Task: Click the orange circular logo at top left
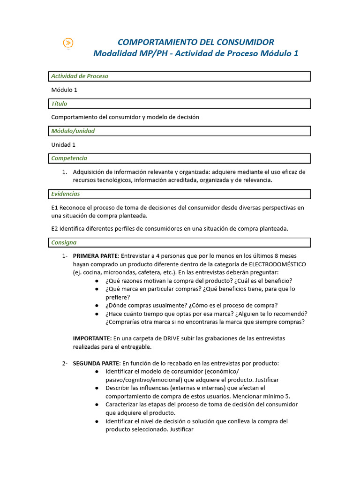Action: coord(68,43)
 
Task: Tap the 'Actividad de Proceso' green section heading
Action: coord(80,76)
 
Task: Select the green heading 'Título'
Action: coord(59,104)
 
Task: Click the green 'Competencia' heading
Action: coord(69,158)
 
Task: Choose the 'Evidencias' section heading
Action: coord(66,194)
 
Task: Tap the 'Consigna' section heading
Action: coord(64,242)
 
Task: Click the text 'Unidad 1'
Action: coord(63,145)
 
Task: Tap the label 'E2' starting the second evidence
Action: coord(54,229)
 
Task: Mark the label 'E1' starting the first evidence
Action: coord(54,208)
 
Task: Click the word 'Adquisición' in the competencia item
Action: coord(90,172)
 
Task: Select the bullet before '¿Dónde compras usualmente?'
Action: coord(97,306)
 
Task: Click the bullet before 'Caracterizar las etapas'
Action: coord(97,405)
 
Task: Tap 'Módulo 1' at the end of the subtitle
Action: coord(279,53)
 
